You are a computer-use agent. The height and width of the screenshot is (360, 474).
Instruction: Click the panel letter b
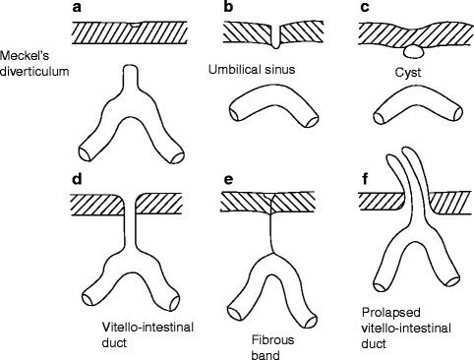tap(228, 9)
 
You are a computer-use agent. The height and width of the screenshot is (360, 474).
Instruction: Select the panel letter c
tap(366, 9)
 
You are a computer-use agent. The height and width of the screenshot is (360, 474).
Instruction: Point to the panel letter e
tap(228, 181)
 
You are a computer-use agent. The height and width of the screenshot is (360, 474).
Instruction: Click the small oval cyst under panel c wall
tap(415, 48)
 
